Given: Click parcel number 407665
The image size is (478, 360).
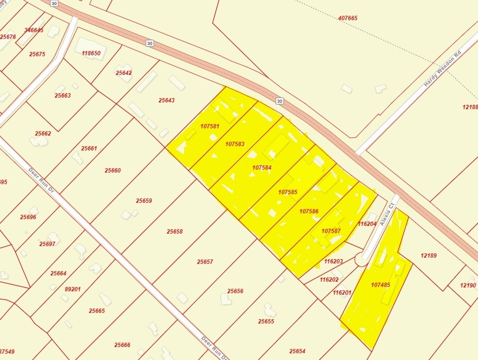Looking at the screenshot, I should tap(348, 18).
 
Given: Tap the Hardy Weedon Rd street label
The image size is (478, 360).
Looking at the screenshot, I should tap(442, 68).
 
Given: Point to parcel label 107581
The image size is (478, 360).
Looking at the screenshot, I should tap(210, 126).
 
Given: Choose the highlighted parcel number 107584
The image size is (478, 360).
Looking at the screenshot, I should tap(262, 168).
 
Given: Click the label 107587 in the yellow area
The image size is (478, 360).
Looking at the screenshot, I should tap(331, 231).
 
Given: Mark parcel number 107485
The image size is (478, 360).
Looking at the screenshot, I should tap(380, 285).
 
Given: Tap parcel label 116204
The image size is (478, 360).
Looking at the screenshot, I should tap(367, 224).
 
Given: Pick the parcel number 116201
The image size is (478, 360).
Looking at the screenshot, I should tap(342, 292).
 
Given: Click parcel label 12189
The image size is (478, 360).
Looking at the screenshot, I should tap(428, 256).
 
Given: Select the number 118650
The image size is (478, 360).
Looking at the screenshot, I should tap(91, 53).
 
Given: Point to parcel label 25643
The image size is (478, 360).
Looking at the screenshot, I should tap(166, 100).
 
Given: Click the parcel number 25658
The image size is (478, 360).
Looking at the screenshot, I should tap(175, 232).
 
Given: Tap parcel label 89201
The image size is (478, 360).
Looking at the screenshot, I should tap(73, 289).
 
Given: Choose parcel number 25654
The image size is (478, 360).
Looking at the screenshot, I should tap(297, 351).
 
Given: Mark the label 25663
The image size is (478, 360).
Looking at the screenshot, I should tap(63, 96).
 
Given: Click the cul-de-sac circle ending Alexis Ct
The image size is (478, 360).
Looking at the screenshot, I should tap(362, 259).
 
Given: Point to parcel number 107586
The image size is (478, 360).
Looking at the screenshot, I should tap(309, 211).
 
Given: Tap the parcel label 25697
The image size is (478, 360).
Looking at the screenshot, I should tap(47, 244).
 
